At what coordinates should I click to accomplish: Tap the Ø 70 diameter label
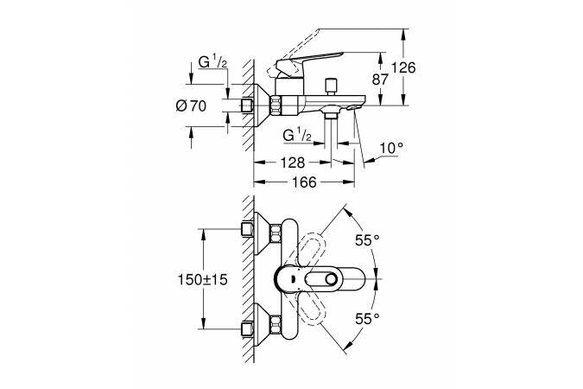coord(191,106)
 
